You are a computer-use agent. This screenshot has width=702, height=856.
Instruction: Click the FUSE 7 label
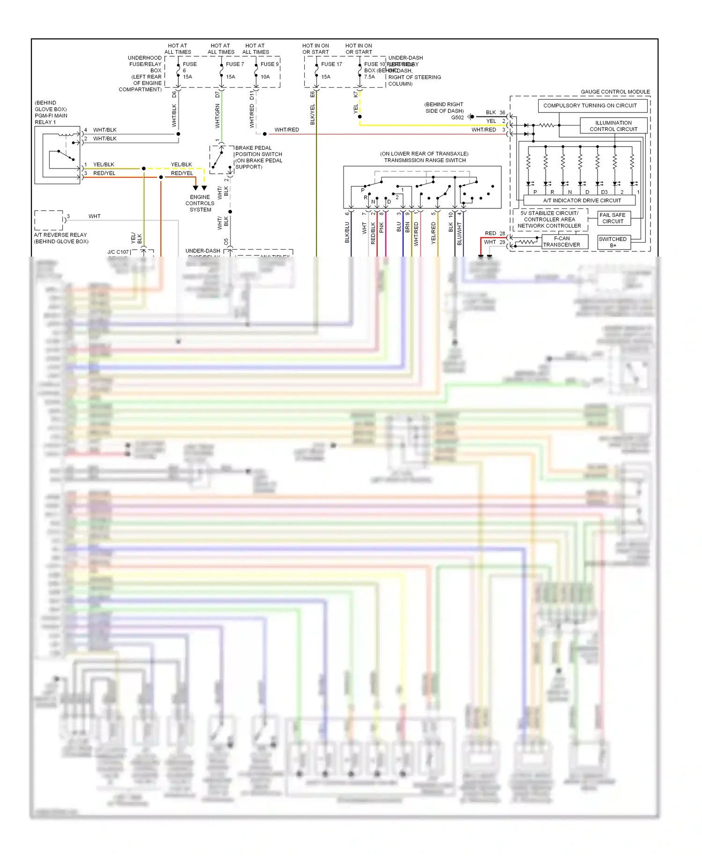tap(235, 64)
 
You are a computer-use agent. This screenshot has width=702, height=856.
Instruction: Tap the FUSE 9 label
tap(270, 64)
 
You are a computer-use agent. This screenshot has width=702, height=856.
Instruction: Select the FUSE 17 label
tap(331, 64)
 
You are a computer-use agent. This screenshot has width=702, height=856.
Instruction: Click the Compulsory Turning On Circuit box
tap(592, 106)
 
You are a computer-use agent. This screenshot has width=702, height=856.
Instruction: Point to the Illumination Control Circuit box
tap(614, 126)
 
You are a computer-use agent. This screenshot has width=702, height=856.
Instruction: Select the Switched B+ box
tap(613, 242)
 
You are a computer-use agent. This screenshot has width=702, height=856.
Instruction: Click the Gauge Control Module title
tap(615, 92)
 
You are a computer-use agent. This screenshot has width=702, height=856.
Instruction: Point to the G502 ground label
tap(457, 118)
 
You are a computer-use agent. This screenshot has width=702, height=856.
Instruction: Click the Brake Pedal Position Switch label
tap(258, 157)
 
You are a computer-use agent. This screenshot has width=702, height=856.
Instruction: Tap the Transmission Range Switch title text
tap(424, 157)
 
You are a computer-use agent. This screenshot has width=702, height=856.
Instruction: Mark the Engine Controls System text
tap(200, 203)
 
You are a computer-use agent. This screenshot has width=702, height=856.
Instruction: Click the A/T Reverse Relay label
tap(60, 238)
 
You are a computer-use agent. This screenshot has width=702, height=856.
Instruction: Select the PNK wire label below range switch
tap(381, 228)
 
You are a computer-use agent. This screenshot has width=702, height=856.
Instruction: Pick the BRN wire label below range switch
tap(407, 228)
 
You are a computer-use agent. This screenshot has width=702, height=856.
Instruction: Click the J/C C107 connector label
tap(118, 252)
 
